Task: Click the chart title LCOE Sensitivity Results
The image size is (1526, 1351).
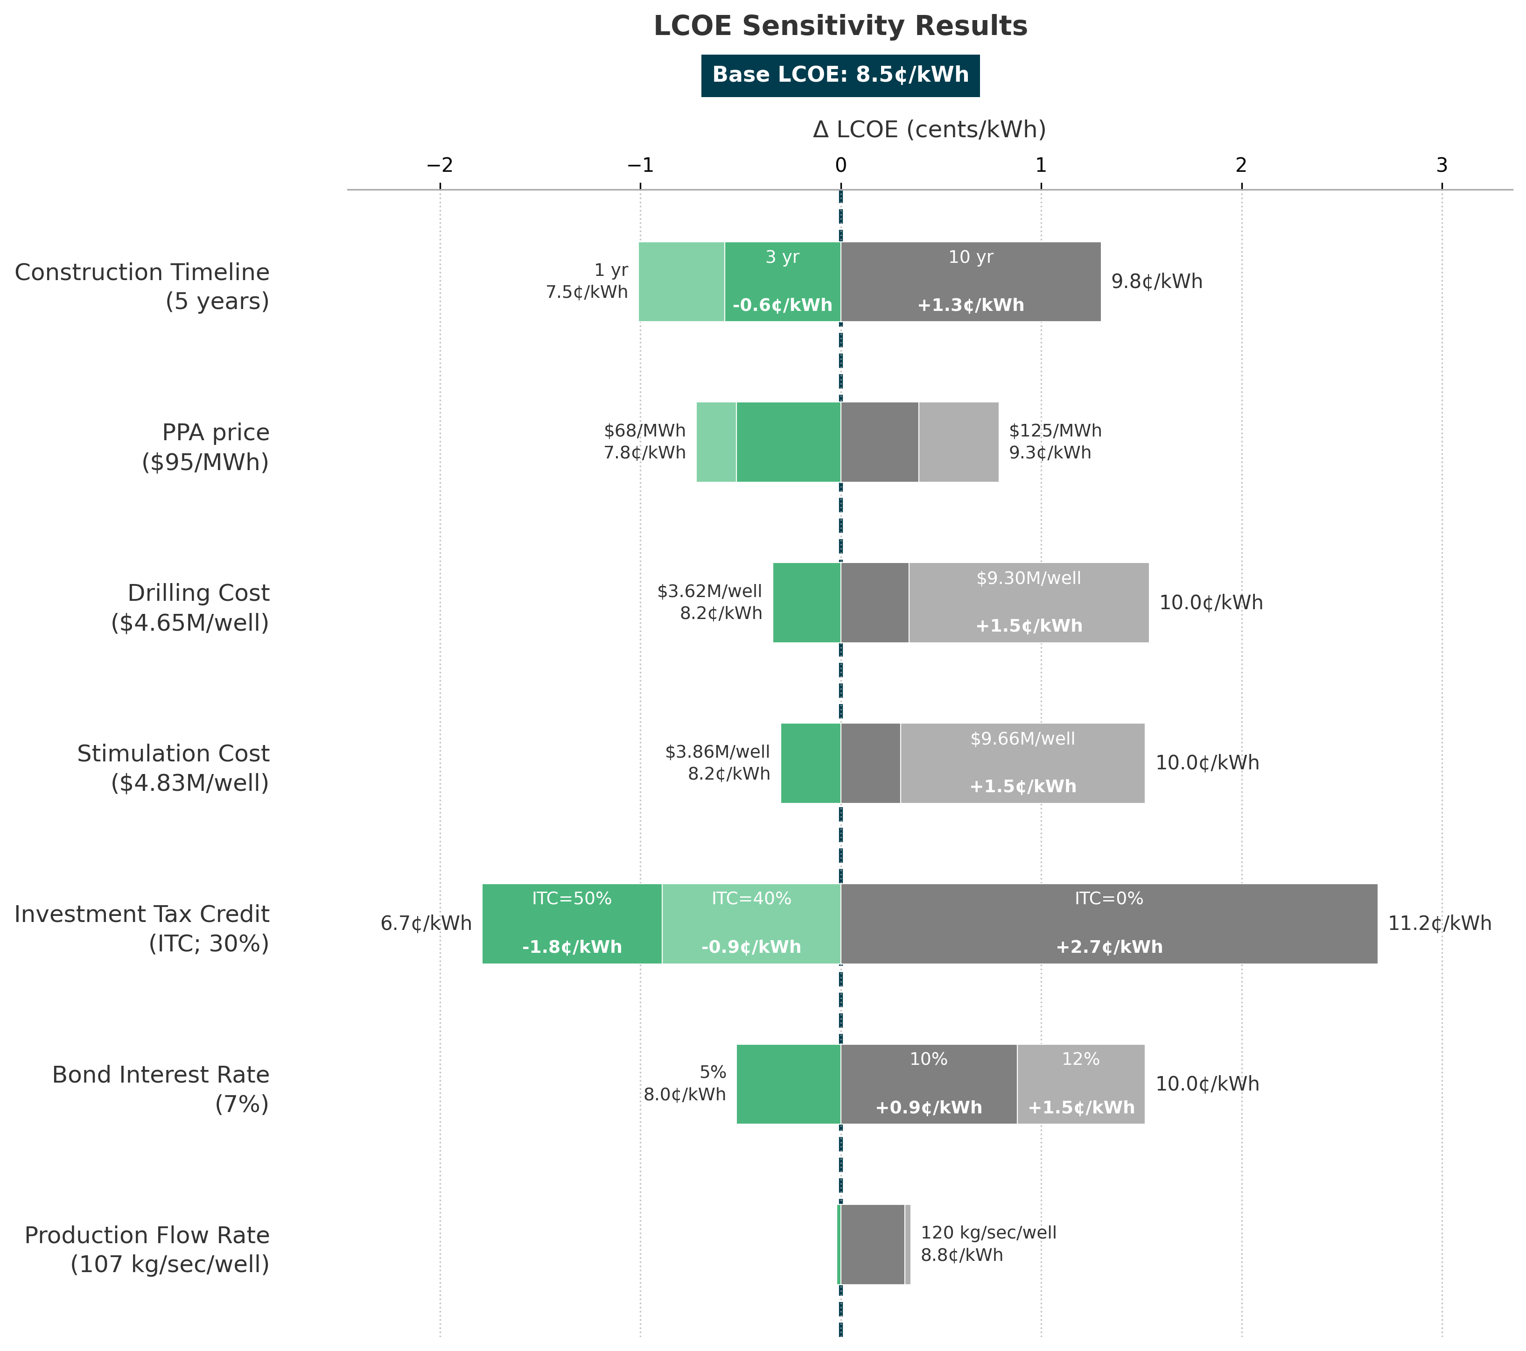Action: (840, 26)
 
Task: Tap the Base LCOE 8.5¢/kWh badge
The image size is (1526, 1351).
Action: (840, 76)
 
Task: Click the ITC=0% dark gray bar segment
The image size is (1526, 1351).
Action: (1109, 924)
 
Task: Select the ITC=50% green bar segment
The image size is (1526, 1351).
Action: (572, 924)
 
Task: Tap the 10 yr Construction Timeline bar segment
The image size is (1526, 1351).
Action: (971, 281)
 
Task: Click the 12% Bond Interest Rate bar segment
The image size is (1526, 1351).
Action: (1081, 1084)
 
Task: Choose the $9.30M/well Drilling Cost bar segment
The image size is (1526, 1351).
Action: (1029, 603)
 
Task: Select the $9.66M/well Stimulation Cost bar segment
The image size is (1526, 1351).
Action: (1023, 763)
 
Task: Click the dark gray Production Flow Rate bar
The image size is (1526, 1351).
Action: (873, 1245)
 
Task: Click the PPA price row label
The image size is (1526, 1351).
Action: (205, 447)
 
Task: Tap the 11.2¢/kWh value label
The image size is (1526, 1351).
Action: (1439, 924)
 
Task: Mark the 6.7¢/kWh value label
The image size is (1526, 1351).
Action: (426, 924)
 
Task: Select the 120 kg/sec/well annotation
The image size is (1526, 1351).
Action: (988, 1233)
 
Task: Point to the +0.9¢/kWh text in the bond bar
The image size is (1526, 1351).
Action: (929, 1107)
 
